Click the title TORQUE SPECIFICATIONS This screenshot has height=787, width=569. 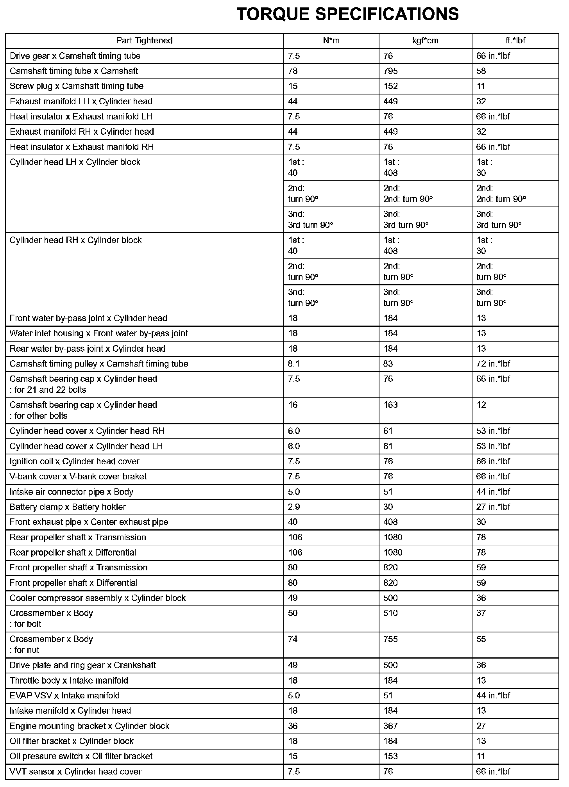tap(348, 14)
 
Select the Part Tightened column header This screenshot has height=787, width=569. tap(144, 41)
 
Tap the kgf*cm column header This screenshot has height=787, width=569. tap(425, 41)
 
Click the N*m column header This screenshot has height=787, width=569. tap(331, 41)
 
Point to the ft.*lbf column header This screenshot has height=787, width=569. tap(515, 41)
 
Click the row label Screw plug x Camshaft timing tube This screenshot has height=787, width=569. tap(77, 86)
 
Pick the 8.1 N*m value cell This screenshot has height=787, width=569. tap(294, 364)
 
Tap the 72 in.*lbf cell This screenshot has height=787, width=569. tap(493, 364)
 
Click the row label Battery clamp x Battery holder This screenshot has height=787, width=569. tap(68, 507)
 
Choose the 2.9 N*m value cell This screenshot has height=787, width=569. tap(294, 507)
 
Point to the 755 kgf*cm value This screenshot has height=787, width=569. tap(390, 639)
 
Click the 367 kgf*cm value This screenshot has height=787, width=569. tap(390, 726)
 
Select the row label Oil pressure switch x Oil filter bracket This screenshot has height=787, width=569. tap(81, 756)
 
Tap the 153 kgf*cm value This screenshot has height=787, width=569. tap(390, 756)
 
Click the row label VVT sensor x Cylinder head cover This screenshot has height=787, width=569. tap(75, 771)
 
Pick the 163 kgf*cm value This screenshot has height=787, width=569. tap(390, 405)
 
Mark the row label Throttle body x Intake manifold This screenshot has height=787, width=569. tap(69, 680)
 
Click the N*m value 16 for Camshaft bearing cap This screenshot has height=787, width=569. tap(293, 405)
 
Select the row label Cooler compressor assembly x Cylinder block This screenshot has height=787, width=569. tap(98, 598)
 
